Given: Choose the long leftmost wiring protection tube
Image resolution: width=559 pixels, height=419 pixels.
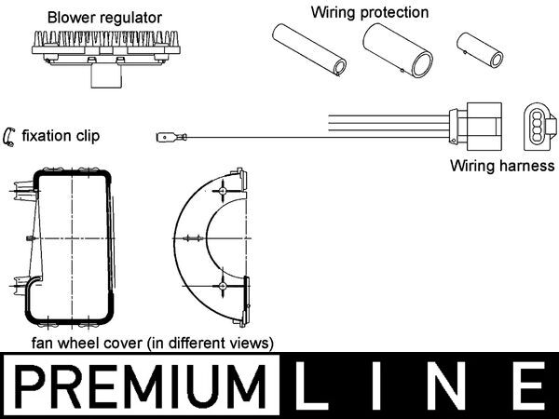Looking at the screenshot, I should coord(308,50).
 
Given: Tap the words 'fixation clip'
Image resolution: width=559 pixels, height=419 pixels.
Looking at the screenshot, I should coord(62,137).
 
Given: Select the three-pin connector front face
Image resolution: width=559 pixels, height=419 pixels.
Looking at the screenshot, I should coord(538,128).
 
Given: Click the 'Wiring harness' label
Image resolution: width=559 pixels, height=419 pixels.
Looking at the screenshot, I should coord(501,168).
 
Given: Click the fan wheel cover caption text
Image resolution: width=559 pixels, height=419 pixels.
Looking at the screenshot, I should coord(152,343).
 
